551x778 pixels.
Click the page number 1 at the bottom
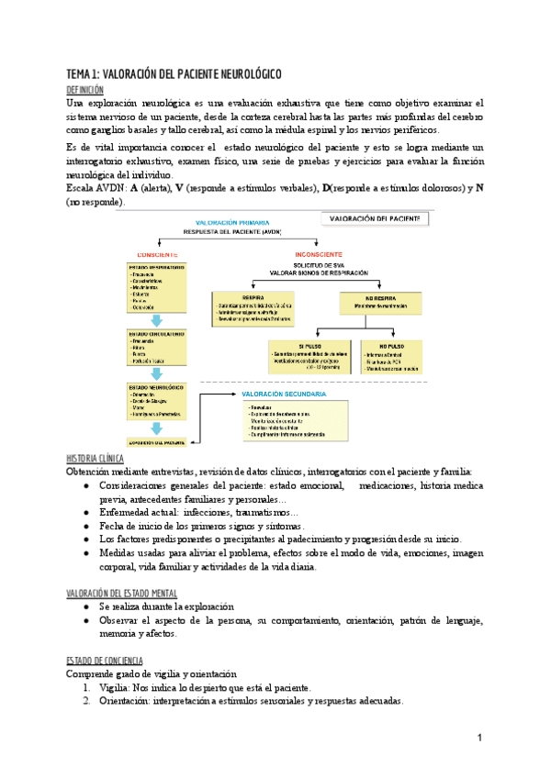(x=479, y=738)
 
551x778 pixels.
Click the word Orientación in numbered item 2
(x=132, y=701)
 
